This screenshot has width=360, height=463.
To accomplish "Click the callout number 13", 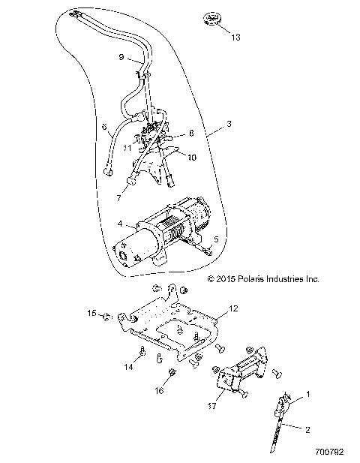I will tap(236, 36).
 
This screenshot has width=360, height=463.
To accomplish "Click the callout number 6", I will tap(105, 128).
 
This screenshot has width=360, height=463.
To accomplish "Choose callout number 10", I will tap(192, 158).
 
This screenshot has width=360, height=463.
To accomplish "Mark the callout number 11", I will tap(128, 148).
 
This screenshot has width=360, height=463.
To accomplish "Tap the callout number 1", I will tap(305, 393).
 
